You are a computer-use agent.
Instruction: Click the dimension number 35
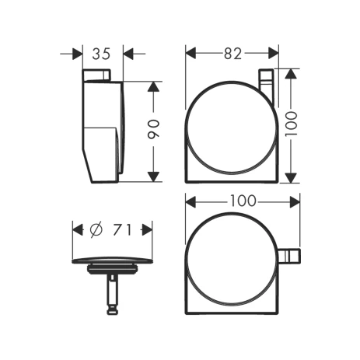[x=101, y=54]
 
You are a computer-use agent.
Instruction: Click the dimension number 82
[x=232, y=54]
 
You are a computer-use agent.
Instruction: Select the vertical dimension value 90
[x=153, y=129]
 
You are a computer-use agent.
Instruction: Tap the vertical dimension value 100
[x=291, y=124]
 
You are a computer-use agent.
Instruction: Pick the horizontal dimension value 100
[x=243, y=201]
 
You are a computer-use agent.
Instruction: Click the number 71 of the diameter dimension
[x=122, y=230]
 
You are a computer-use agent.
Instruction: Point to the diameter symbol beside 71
[x=96, y=230]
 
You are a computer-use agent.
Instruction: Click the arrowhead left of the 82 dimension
[x=190, y=54]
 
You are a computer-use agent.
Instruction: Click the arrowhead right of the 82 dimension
[x=274, y=54]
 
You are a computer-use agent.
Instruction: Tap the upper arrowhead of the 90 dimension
[x=153, y=86]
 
